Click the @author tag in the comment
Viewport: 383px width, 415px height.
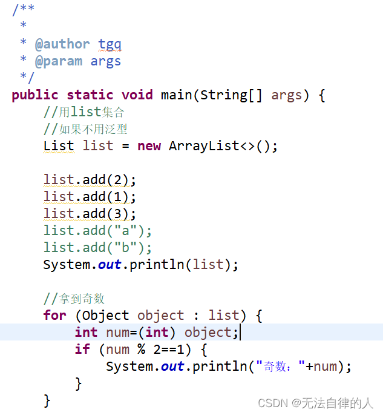pyautogui.click(x=62, y=44)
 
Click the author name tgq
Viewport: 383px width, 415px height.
pyautogui.click(x=110, y=44)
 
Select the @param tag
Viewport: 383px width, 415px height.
pyautogui.click(x=59, y=61)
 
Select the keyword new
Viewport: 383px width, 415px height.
pyautogui.click(x=149, y=146)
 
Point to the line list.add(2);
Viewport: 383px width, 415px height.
pyautogui.click(x=90, y=180)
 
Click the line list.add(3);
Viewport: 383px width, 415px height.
pyautogui.click(x=90, y=214)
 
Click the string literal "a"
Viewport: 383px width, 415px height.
pyautogui.click(x=129, y=231)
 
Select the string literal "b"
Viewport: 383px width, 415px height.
pyautogui.click(x=129, y=248)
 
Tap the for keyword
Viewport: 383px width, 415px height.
pyautogui.click(x=54, y=316)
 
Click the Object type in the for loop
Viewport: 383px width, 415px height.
pyautogui.click(x=105, y=316)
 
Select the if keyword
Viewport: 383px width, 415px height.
pyautogui.click(x=82, y=350)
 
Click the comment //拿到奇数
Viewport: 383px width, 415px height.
pyautogui.click(x=74, y=299)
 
